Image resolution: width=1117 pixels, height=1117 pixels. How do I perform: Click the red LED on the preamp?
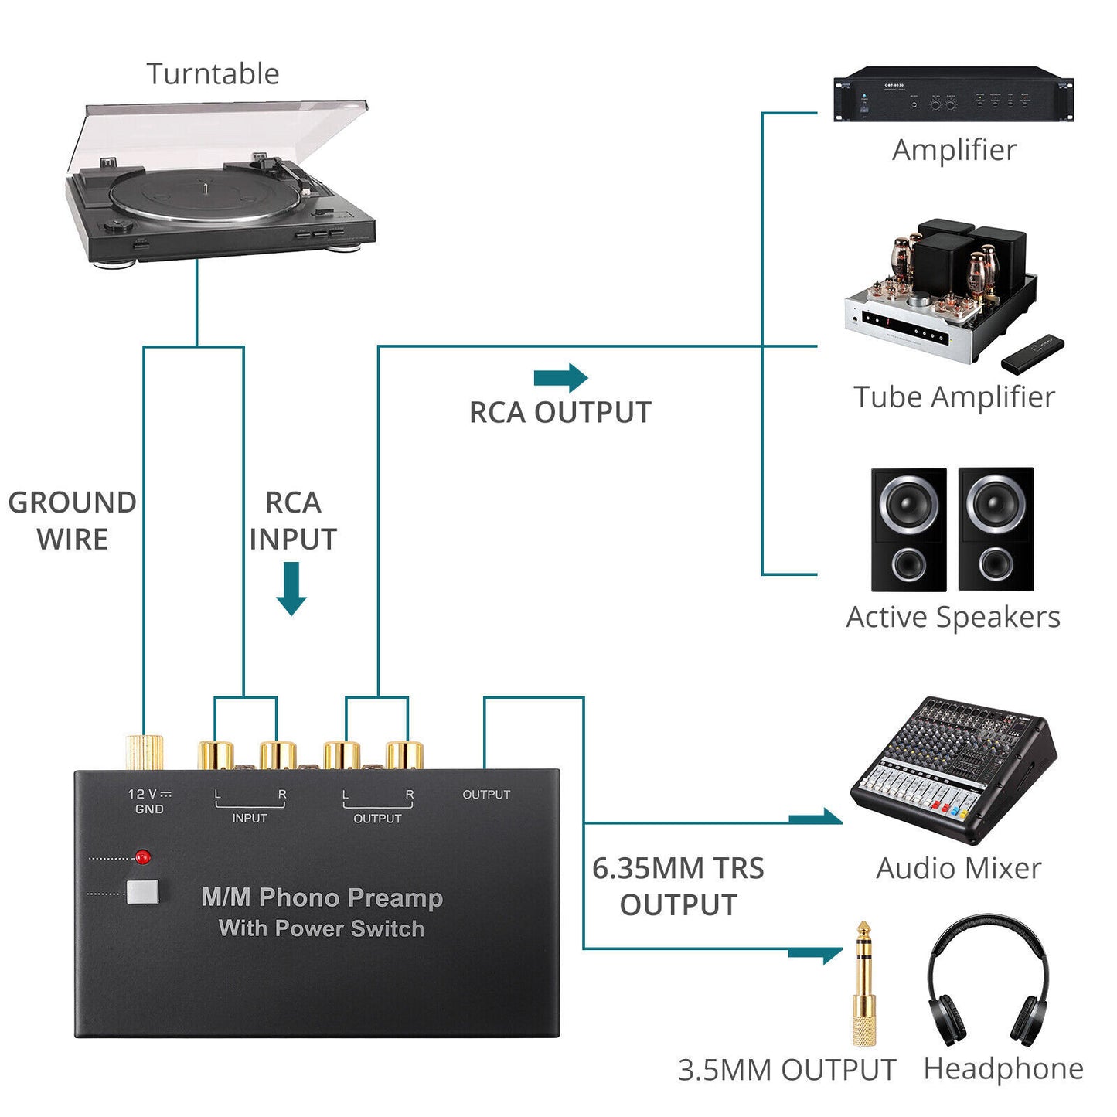[142, 856]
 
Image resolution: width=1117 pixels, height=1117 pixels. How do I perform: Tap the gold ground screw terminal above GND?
[145, 752]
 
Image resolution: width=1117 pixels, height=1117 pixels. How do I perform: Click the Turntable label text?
[213, 74]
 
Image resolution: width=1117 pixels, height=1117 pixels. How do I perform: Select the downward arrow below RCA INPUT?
[291, 589]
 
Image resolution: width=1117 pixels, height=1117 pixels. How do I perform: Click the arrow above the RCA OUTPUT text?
[561, 378]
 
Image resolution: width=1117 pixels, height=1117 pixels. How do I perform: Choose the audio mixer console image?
[953, 768]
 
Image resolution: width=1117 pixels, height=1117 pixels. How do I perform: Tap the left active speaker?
[908, 530]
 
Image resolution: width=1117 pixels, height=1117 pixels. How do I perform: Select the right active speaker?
[996, 530]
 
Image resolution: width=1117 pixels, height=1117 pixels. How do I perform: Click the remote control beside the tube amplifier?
[1033, 353]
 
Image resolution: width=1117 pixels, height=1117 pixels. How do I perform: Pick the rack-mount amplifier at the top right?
[953, 95]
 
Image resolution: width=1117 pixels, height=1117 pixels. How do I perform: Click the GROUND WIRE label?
[72, 520]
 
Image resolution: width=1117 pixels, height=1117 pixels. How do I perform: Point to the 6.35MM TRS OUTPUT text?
[678, 886]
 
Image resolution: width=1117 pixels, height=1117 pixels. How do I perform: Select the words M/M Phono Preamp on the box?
[322, 897]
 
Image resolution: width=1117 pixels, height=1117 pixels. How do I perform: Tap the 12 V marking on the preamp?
[144, 794]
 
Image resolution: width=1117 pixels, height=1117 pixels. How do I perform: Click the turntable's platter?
[205, 195]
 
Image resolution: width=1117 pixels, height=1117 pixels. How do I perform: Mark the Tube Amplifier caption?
[954, 397]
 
